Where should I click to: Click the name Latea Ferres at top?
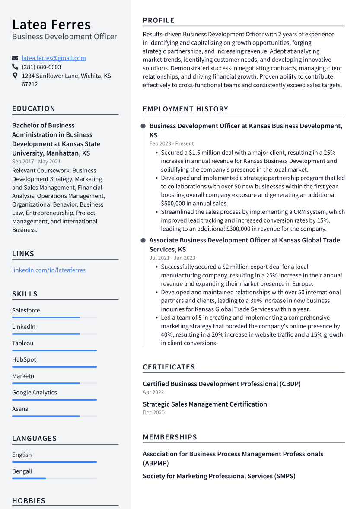pos(51,24)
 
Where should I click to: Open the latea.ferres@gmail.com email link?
pos(54,58)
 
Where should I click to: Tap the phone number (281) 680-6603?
pos(41,67)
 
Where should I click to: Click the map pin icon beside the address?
pos(15,76)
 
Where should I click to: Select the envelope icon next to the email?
pos(15,58)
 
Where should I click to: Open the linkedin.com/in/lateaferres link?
pos(49,270)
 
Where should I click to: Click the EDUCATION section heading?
pos(34,108)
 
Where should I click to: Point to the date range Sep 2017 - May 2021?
pos(36,162)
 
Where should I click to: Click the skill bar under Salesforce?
pos(46,318)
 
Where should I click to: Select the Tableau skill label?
pos(22,343)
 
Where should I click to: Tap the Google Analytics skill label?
pos(35,392)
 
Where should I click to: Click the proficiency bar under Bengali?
pos(29,478)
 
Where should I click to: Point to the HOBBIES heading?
pos(29,501)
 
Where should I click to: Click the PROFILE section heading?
pos(159,20)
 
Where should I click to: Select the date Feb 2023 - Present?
pos(172,143)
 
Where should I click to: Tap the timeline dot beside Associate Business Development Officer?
pos(143,240)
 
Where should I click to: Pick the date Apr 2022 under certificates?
pos(153,392)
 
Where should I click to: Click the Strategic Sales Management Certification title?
pos(205,404)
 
